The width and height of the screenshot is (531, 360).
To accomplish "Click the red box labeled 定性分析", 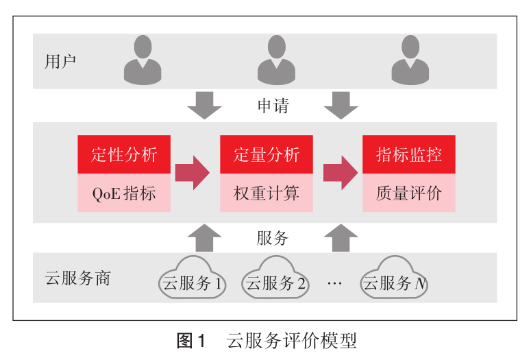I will coord(124,154).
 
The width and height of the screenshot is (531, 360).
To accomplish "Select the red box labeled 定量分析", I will coord(267,154).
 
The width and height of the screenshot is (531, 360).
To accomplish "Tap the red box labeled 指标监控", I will coord(408,154).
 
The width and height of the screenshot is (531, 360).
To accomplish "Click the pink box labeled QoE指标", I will coord(124,193).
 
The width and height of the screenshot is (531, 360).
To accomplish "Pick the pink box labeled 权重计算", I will coord(267,193).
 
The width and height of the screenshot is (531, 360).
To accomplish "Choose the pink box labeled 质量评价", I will coord(408,193).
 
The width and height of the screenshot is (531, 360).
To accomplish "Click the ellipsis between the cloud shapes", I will coord(334,283).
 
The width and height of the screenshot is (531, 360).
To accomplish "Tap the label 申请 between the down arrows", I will coord(273,106).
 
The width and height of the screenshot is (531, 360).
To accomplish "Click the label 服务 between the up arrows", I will coord(273,238).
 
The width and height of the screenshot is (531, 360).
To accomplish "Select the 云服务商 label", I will coord(77,279).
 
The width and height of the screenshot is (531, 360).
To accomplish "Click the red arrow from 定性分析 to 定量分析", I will coord(192,173).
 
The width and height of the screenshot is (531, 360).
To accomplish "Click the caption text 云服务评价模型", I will coord(291,341).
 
